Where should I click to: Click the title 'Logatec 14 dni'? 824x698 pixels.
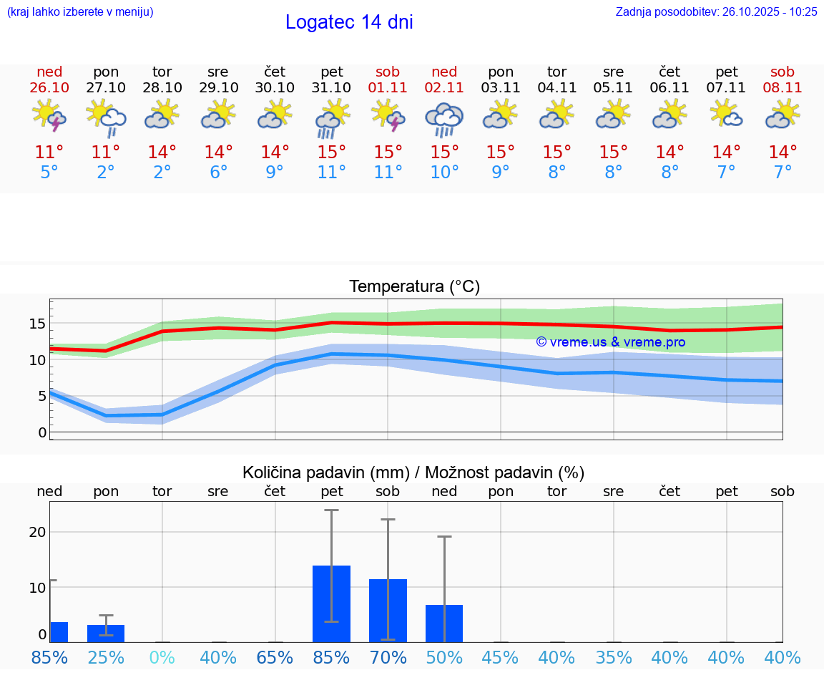(x=349, y=22)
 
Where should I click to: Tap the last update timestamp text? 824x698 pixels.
(x=716, y=11)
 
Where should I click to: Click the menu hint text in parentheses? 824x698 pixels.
(x=79, y=11)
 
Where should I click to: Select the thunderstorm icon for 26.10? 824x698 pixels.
(x=49, y=115)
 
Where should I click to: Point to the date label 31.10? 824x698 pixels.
(x=332, y=87)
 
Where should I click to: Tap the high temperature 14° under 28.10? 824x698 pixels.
(x=162, y=152)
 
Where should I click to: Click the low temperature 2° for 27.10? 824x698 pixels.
(x=106, y=172)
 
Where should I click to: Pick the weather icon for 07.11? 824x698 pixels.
(x=726, y=115)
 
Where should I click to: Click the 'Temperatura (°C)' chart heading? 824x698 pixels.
(x=414, y=286)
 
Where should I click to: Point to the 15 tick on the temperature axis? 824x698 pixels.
(x=37, y=324)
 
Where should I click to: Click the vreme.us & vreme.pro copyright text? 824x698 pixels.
(x=610, y=342)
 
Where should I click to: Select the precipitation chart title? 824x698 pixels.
(x=413, y=472)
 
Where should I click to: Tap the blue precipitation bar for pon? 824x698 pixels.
(x=106, y=633)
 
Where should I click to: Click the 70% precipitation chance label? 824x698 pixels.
(x=388, y=657)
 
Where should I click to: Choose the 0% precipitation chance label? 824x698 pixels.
(x=162, y=657)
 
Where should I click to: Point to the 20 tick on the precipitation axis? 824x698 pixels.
(x=37, y=532)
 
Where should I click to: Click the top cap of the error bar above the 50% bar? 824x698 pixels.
(x=444, y=536)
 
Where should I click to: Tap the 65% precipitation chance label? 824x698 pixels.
(x=275, y=657)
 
